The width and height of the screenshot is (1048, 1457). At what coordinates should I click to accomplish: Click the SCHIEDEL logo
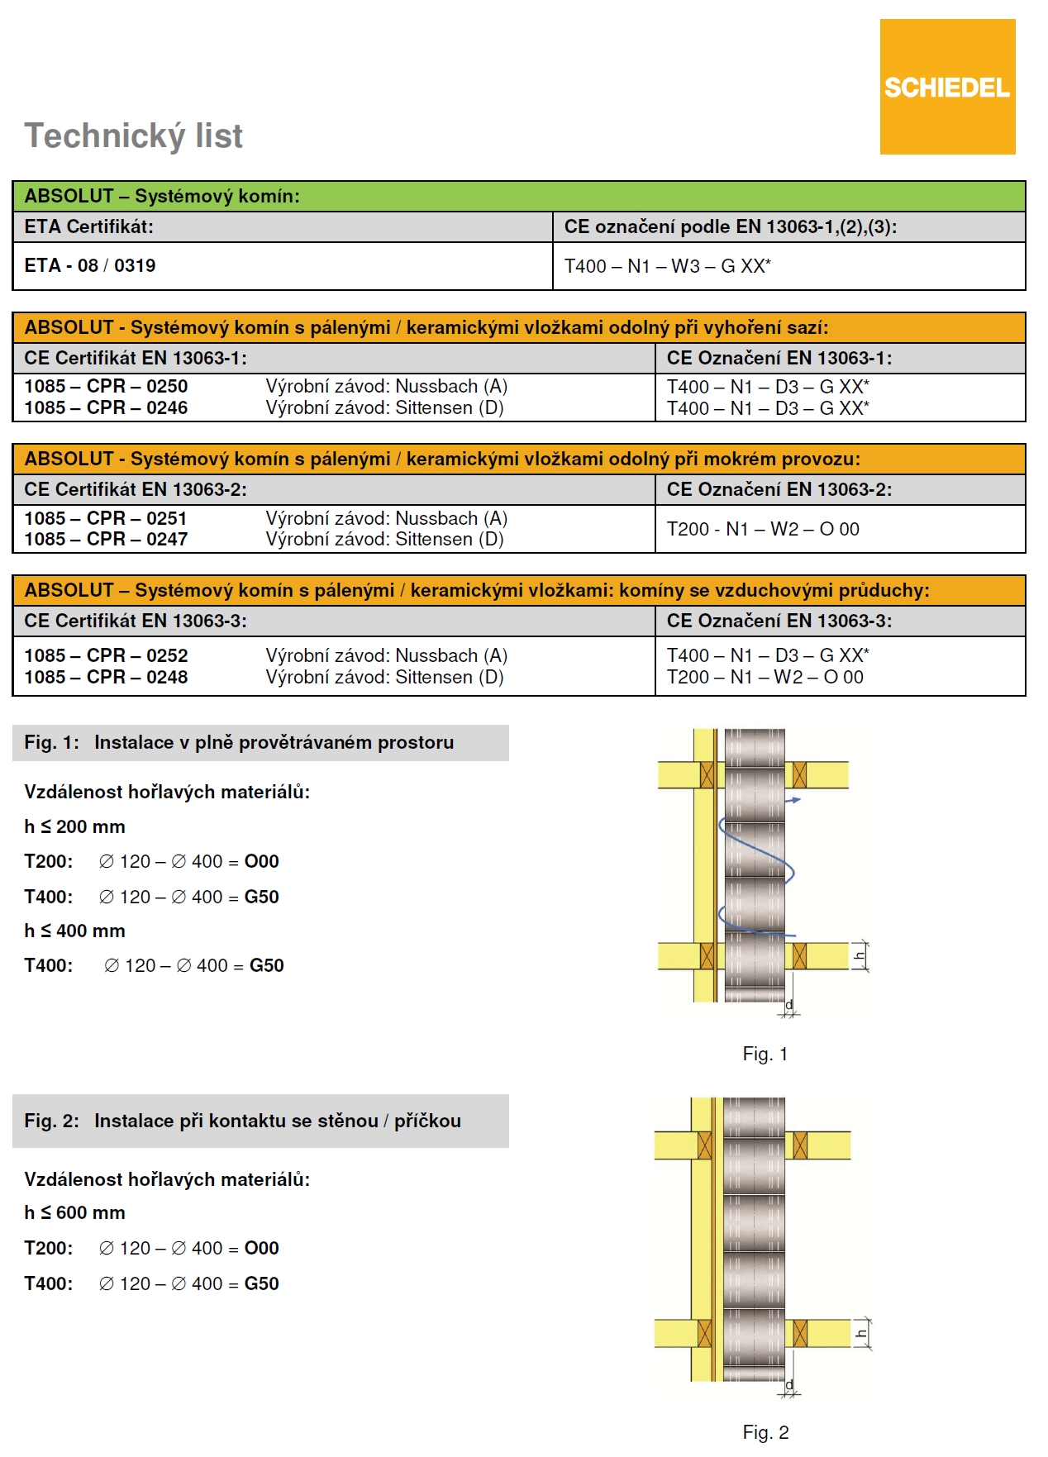click(x=947, y=87)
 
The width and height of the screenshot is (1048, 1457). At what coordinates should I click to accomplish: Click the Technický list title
click(x=133, y=136)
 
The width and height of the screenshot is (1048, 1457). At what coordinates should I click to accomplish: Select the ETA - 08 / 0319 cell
click(x=90, y=265)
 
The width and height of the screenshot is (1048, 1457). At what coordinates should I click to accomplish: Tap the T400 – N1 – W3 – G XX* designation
click(x=667, y=266)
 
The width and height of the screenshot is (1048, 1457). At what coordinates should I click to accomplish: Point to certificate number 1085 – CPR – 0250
click(x=106, y=386)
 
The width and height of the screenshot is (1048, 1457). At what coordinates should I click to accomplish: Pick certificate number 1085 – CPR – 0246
click(x=106, y=407)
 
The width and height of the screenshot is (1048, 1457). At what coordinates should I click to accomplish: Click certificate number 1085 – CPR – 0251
click(x=106, y=518)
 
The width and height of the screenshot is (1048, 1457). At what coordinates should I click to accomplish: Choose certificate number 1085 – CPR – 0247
click(x=106, y=539)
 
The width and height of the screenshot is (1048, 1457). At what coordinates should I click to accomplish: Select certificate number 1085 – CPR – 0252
click(x=106, y=655)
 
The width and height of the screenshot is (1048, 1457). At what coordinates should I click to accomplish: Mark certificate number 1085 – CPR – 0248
click(x=106, y=677)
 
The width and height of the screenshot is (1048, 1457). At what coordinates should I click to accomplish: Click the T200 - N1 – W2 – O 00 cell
click(x=763, y=529)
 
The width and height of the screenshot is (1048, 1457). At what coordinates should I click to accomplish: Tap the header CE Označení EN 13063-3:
click(x=779, y=621)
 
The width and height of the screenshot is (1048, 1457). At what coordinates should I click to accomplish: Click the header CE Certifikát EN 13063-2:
click(x=136, y=489)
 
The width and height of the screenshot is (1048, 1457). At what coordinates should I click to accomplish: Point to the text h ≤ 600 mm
click(x=74, y=1212)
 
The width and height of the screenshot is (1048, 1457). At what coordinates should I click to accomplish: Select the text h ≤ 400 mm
click(x=74, y=931)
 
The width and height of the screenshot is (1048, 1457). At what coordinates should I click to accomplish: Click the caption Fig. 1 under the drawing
click(x=765, y=1054)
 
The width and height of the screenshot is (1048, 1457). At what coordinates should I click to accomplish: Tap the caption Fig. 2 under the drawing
click(x=765, y=1432)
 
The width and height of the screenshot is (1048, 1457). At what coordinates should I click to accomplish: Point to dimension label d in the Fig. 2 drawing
click(x=789, y=1384)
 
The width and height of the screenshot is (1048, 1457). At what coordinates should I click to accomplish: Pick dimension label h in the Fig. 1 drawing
click(x=860, y=956)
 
